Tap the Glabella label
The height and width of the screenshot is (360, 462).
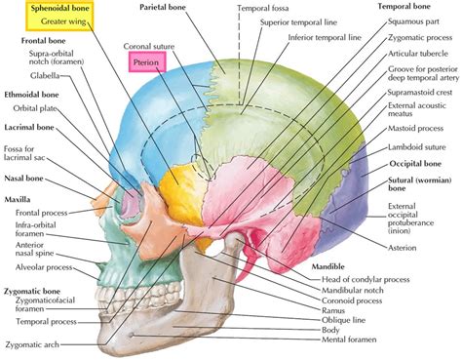tap(45, 74)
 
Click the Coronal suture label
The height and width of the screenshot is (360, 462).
tap(149, 46)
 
